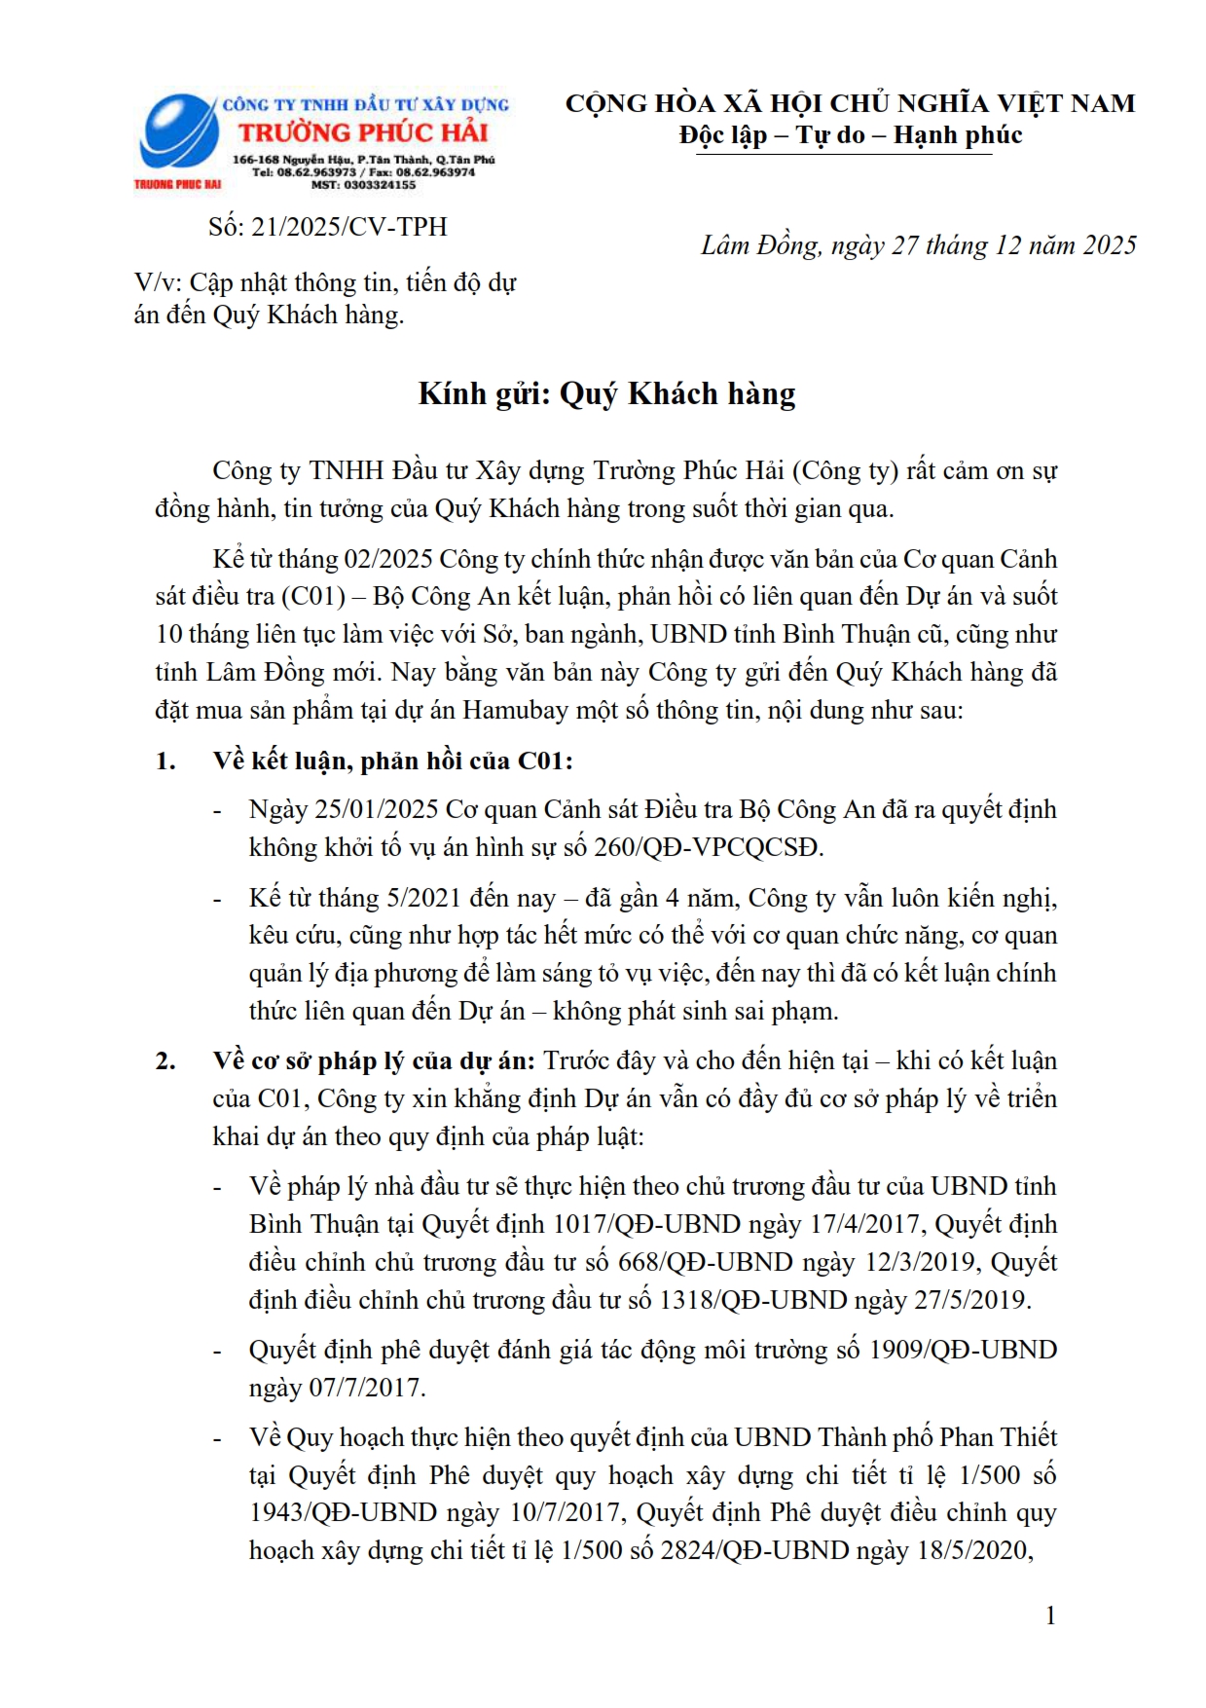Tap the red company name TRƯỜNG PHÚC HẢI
363,132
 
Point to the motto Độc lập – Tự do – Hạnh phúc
850,135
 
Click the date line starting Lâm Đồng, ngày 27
918,245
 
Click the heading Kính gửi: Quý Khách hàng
606,393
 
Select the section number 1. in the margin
165,761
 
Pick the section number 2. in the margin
165,1060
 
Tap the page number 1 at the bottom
1050,1616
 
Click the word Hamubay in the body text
514,710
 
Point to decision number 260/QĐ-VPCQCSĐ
709,847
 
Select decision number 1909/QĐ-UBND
963,1350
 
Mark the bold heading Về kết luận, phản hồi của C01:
393,761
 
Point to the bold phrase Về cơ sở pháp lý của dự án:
374,1060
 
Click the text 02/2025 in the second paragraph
388,559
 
